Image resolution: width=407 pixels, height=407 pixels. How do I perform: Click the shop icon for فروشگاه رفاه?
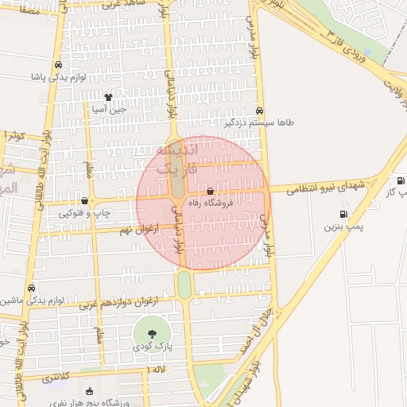tap(210, 192)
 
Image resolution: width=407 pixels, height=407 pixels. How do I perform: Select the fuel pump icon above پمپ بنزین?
tap(343, 214)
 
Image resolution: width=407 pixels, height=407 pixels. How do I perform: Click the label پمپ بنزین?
tap(343, 227)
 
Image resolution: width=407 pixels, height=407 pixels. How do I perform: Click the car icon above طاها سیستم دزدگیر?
tap(260, 111)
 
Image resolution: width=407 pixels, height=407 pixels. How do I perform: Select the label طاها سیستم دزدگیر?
tap(259, 123)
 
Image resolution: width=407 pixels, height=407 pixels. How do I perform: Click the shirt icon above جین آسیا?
tap(108, 97)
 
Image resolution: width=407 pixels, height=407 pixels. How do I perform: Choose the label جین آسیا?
tap(109, 109)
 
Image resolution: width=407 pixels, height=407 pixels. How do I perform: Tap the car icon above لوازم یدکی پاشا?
tap(57, 65)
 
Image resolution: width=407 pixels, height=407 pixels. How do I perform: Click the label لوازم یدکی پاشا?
tap(56, 77)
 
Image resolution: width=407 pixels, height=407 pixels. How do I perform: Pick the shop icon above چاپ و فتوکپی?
tap(85, 200)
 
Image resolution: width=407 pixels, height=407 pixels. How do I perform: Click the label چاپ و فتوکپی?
tap(82, 213)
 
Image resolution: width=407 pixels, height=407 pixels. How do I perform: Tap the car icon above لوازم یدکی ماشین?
tap(31, 288)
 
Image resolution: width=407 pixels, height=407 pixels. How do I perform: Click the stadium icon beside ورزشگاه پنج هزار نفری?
tap(89, 390)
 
